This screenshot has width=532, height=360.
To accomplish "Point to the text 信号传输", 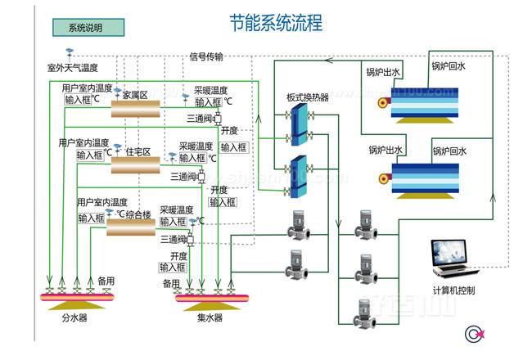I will pyautogui.click(x=206, y=56).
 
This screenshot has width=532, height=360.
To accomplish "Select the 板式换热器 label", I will pyautogui.click(x=307, y=97).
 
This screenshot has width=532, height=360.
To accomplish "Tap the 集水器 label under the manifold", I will pyautogui.click(x=210, y=318).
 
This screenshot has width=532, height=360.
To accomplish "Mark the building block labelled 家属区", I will pyautogui.click(x=137, y=105).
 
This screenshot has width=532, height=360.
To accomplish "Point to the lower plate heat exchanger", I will pyautogui.click(x=295, y=175).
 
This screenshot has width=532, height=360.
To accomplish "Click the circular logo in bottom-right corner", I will pyautogui.click(x=473, y=334).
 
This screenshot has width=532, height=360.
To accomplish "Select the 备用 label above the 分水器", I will pyautogui.click(x=106, y=281).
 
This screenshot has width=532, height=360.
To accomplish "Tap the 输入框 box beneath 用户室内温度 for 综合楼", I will pyautogui.click(x=91, y=218).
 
